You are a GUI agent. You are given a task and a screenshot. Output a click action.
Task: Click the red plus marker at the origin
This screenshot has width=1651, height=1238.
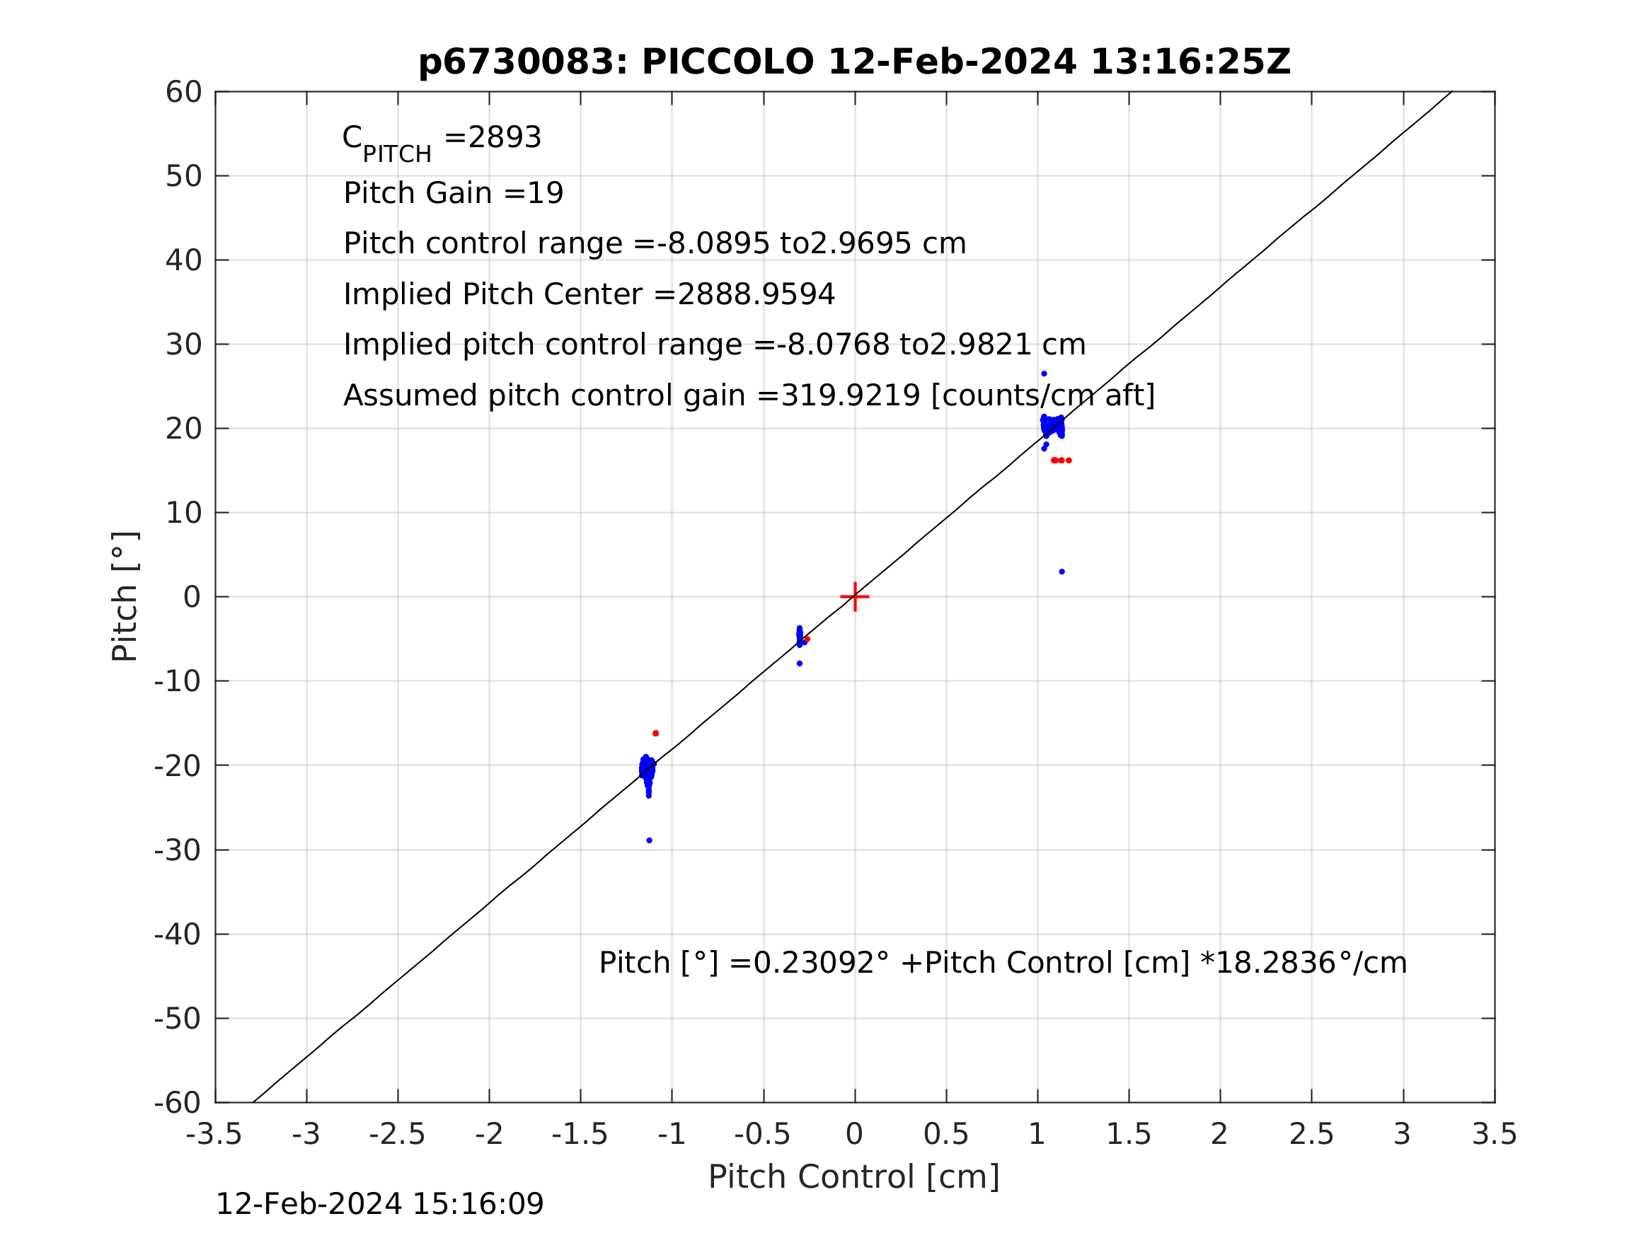[x=855, y=597]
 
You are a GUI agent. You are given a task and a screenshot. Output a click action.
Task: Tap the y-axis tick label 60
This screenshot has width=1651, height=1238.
[x=183, y=93]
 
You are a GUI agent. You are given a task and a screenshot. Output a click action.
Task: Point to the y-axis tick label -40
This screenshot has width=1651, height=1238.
[x=178, y=935]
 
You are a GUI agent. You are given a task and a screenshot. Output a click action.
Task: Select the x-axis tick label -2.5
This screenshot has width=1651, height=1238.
[x=397, y=1134]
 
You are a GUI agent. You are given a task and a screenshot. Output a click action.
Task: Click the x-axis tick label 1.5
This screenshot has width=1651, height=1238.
[x=1129, y=1134]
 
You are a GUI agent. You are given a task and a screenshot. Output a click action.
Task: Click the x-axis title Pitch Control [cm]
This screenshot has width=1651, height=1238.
[x=854, y=1177]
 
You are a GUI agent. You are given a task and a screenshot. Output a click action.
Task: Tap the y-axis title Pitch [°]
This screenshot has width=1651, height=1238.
[x=125, y=597]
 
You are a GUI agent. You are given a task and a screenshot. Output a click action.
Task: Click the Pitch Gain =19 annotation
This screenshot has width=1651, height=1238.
[x=453, y=193]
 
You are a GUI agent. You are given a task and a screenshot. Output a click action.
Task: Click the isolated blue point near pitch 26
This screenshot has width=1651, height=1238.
[x=1045, y=374]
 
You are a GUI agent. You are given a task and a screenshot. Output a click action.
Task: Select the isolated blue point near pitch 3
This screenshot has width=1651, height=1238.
[x=1062, y=572]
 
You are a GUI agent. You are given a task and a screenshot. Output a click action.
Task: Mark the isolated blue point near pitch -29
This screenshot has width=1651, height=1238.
[x=650, y=841]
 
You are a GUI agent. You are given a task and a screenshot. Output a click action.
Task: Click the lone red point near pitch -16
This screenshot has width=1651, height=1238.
[x=656, y=734]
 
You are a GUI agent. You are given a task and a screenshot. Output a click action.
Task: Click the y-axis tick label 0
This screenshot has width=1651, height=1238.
[x=192, y=598]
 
